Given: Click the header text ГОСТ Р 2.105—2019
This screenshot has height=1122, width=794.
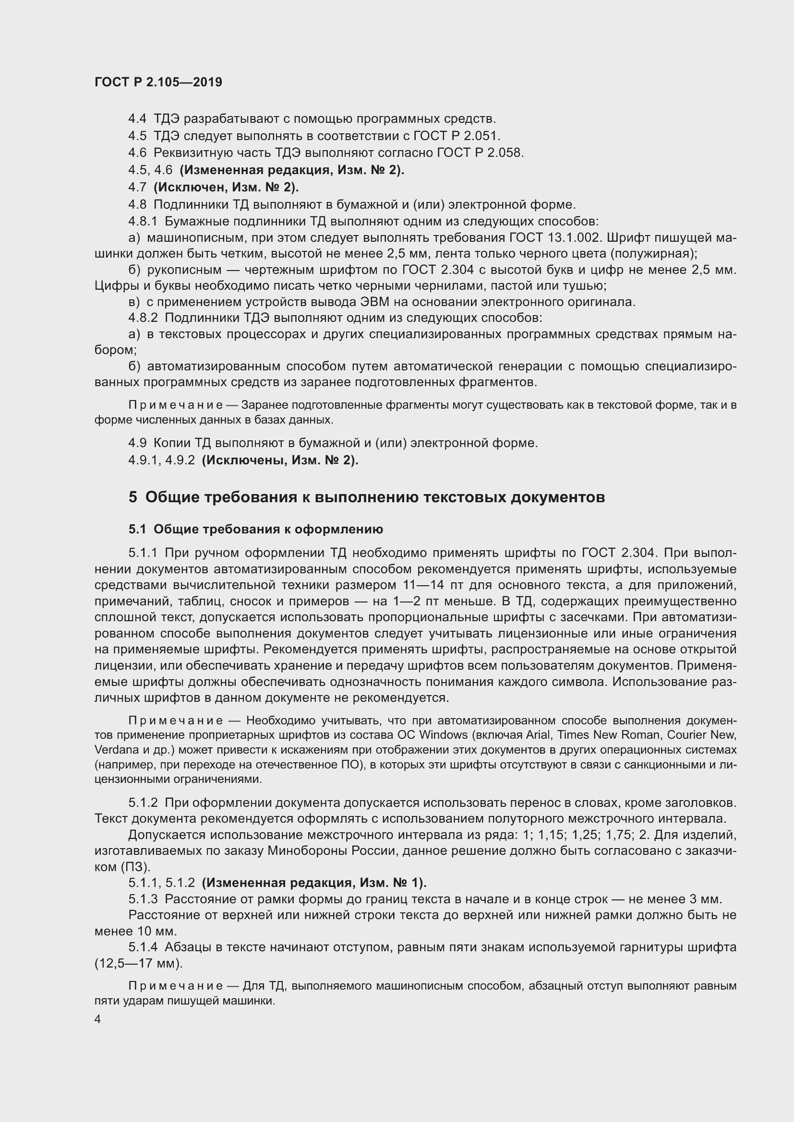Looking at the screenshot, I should coord(158,82).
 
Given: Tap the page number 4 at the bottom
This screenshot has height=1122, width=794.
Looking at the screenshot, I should coord(98,1019).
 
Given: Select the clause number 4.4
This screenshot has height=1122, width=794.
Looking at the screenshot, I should coord(137,119).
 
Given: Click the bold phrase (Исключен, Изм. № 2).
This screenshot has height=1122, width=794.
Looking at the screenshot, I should coord(226,187).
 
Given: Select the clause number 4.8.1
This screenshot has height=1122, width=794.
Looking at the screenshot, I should coord(143,221).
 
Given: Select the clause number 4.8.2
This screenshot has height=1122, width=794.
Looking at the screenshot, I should coord(143,318).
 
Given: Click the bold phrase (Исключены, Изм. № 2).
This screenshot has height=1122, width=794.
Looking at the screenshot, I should coord(280,461).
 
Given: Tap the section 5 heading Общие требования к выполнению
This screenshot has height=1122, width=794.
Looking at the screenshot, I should coord(367,497).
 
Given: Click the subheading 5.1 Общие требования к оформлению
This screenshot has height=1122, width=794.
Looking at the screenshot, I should coord(256,529).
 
